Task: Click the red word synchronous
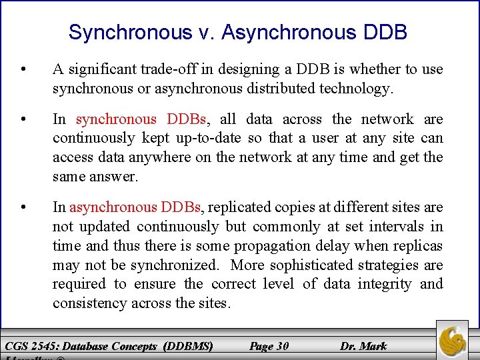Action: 115,119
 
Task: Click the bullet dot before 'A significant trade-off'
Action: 24,69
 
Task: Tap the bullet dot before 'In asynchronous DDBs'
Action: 24,208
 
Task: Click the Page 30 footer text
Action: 269,346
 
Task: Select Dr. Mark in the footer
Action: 363,346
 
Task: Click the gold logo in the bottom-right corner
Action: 452,339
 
